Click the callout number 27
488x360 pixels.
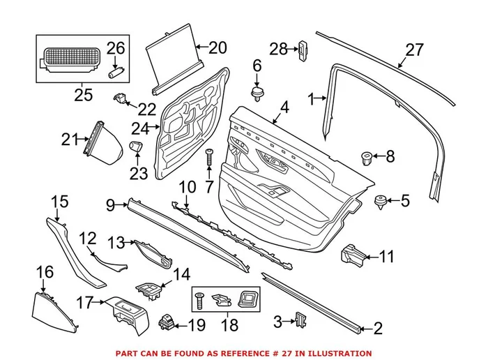pyautogui.click(x=414, y=50)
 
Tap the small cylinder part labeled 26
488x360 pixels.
pyautogui.click(x=116, y=70)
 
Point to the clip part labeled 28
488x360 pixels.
pyautogui.click(x=305, y=50)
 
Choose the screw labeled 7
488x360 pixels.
pyautogui.click(x=208, y=162)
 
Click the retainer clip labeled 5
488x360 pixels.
pyautogui.click(x=380, y=202)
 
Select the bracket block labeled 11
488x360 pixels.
pyautogui.click(x=353, y=255)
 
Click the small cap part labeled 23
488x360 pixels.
pyautogui.click(x=136, y=149)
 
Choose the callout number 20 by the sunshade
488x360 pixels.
pyautogui.click(x=218, y=48)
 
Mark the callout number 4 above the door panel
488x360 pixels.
pyautogui.click(x=284, y=108)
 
